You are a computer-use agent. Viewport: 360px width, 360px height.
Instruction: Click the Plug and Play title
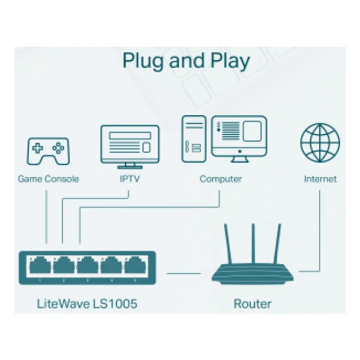pyautogui.click(x=186, y=61)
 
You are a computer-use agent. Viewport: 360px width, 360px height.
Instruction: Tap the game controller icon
pyautogui.click(x=48, y=151)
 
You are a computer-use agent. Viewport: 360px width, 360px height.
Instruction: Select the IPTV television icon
pyautogui.click(x=130, y=147)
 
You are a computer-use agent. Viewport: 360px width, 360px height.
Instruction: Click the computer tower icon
pyautogui.click(x=194, y=139)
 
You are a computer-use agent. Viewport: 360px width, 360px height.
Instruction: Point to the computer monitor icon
pyautogui.click(x=239, y=139)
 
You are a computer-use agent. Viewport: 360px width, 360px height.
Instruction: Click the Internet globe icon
pyautogui.click(x=320, y=143)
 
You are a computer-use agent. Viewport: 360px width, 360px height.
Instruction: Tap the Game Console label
pyautogui.click(x=48, y=179)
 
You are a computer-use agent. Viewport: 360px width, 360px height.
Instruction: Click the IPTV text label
pyautogui.click(x=130, y=179)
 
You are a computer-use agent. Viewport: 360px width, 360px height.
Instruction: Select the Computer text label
pyautogui.click(x=221, y=179)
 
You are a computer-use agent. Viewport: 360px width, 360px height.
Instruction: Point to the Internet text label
pyautogui.click(x=320, y=179)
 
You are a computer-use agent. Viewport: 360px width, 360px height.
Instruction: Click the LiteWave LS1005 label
pyautogui.click(x=87, y=304)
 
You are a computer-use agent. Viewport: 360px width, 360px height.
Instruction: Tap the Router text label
pyautogui.click(x=253, y=304)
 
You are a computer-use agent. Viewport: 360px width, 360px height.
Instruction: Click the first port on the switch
pyautogui.click(x=40, y=265)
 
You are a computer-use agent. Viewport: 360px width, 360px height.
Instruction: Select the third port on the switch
pyautogui.click(x=88, y=265)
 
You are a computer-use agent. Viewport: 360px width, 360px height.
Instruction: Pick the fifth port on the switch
pyautogui.click(x=135, y=265)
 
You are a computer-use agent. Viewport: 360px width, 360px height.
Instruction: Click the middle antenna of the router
pyautogui.click(x=253, y=244)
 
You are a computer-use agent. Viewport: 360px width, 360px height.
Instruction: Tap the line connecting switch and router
pyautogui.click(x=184, y=274)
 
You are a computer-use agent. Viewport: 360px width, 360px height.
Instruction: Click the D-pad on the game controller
pyautogui.click(x=37, y=148)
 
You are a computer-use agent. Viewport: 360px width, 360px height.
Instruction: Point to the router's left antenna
pyautogui.click(x=228, y=244)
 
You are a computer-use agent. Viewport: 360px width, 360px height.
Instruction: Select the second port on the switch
pyautogui.click(x=64, y=265)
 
